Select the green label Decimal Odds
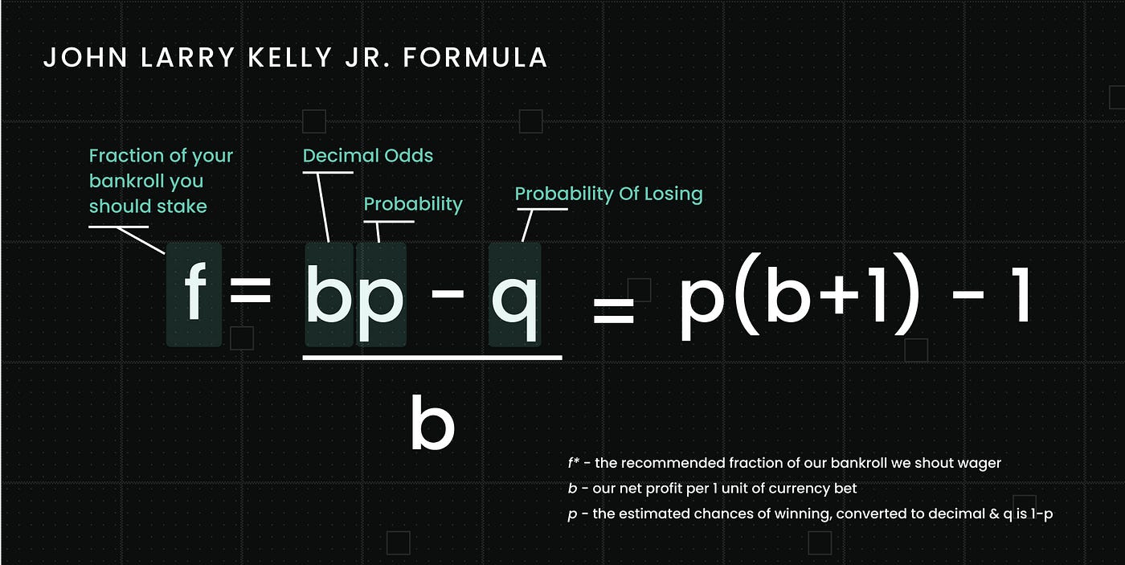click(x=368, y=156)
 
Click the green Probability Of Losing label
click(x=608, y=194)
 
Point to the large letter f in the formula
click(x=194, y=294)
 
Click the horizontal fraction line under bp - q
click(x=432, y=356)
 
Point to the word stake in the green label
click(x=182, y=207)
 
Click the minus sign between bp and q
click(x=448, y=294)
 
